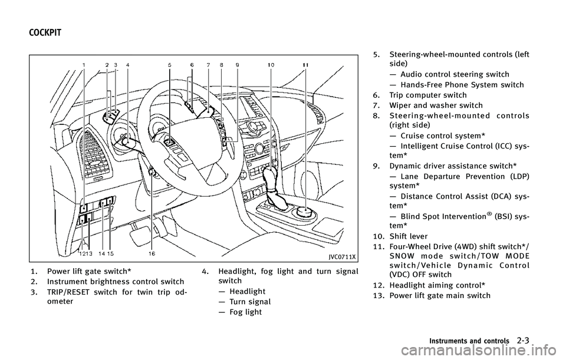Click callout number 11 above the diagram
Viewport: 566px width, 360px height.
coord(306,64)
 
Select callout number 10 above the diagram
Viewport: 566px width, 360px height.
coord(271,64)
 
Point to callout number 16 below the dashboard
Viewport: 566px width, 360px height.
coord(152,253)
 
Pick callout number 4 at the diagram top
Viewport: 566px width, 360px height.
coord(128,64)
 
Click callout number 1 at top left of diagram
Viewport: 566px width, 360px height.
coord(84,64)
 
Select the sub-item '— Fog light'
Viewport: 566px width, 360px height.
coord(241,312)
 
